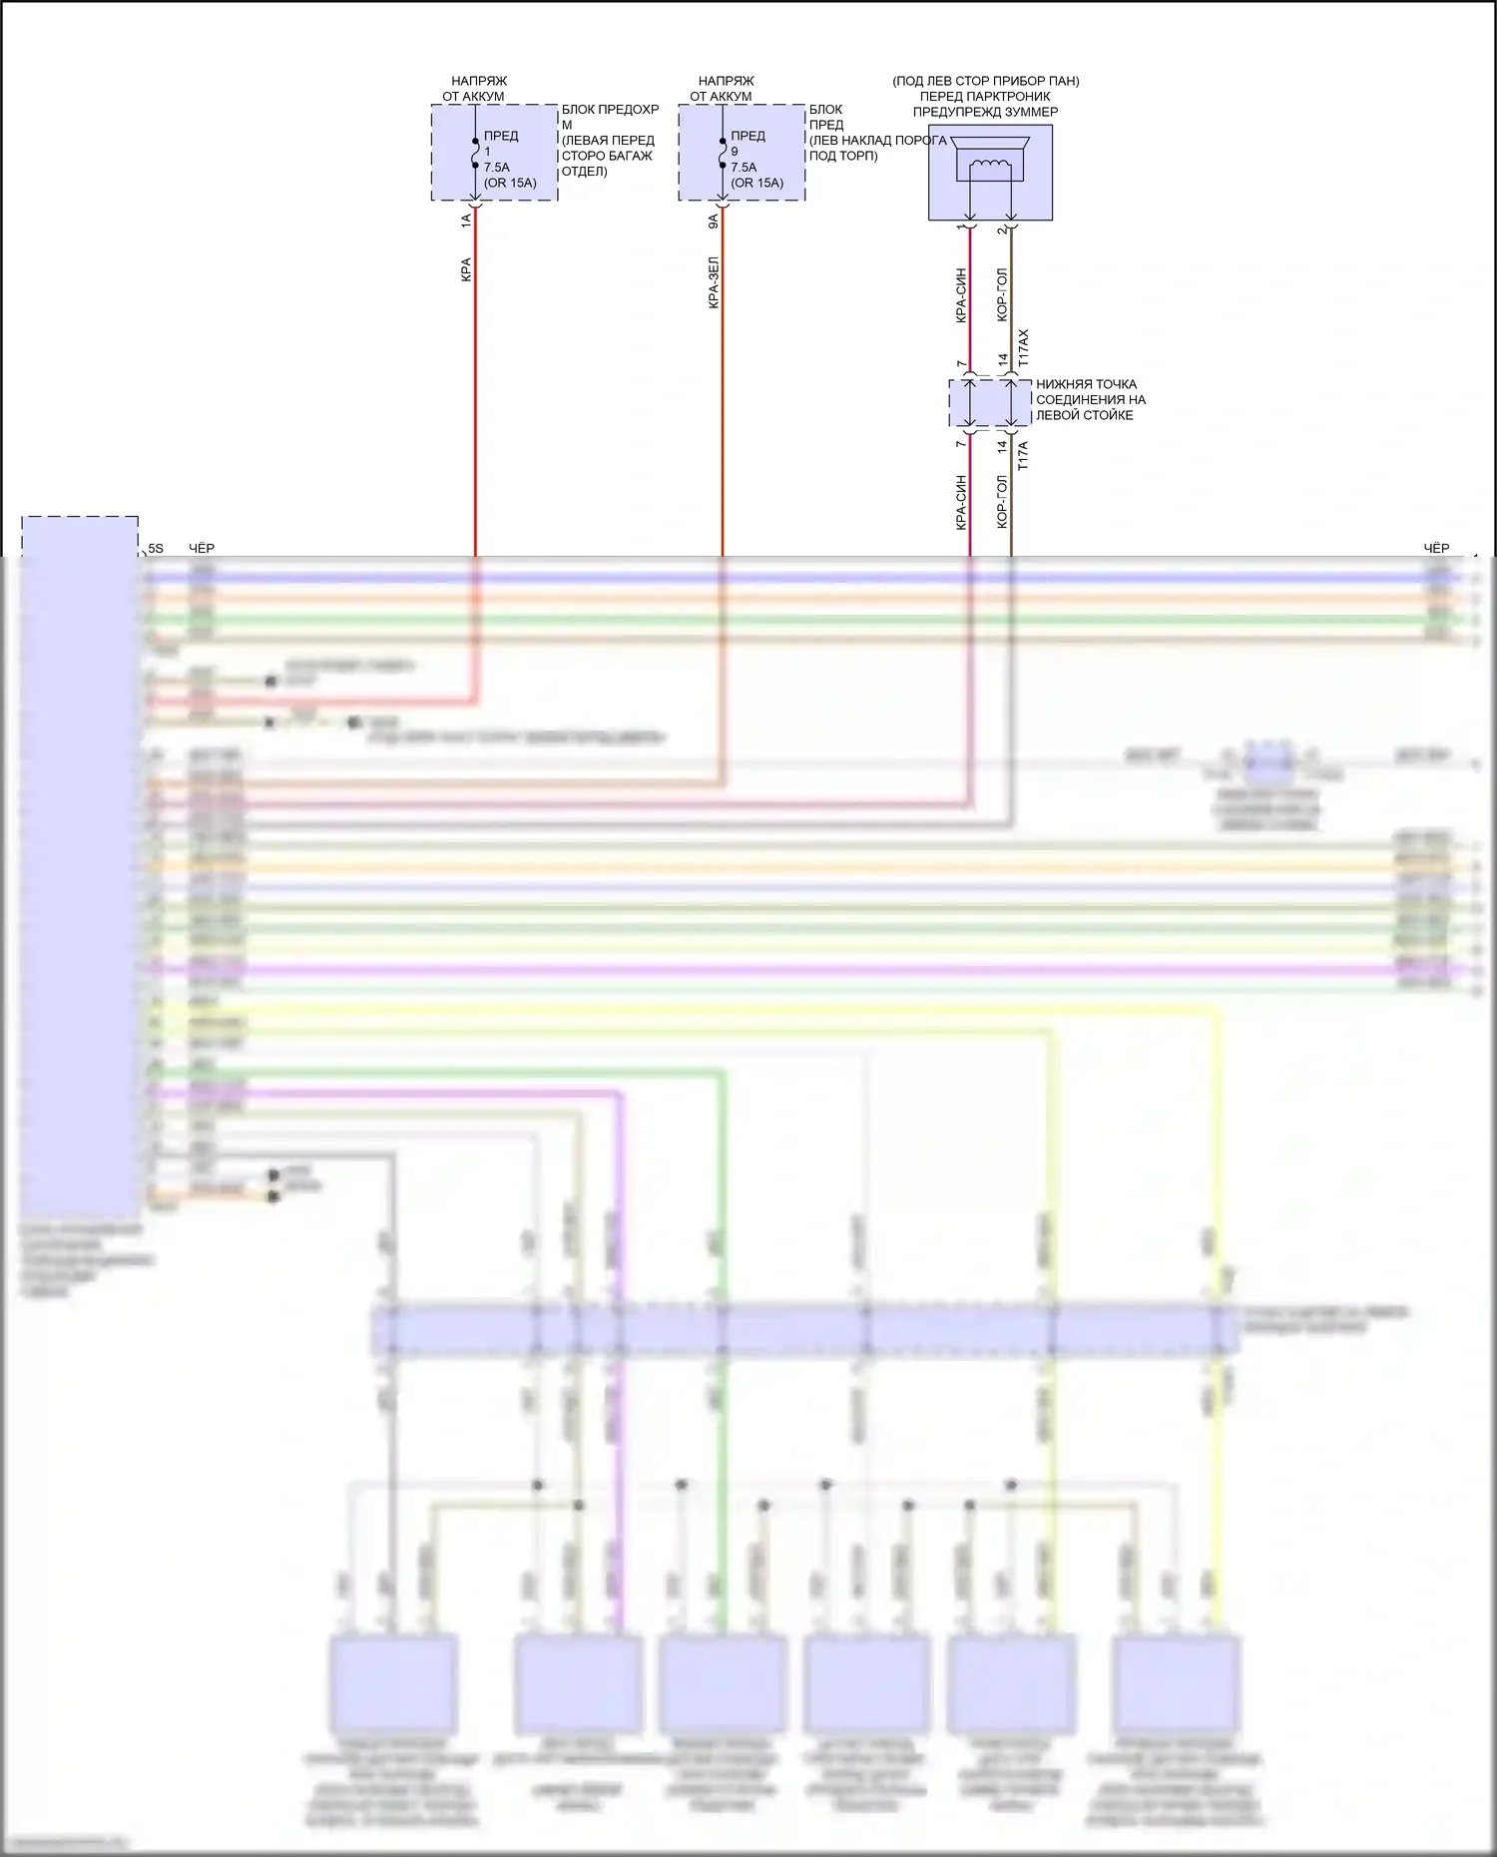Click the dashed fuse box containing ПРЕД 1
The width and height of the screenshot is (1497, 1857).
pos(494,153)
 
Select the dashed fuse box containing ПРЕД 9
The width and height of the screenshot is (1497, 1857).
pos(742,153)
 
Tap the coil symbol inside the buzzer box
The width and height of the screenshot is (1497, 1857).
pos(990,166)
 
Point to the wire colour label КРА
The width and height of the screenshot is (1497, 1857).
pos(466,269)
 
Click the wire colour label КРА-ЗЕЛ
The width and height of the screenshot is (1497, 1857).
pos(714,282)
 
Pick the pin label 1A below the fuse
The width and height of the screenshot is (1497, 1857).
pos(466,221)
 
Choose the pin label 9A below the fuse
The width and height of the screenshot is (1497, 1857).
pos(714,221)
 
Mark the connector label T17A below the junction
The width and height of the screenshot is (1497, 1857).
pos(1023,456)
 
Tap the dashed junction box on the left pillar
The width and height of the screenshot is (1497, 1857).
pos(990,403)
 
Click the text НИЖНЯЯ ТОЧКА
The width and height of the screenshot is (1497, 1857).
pos(1086,384)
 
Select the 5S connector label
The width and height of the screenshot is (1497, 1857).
pos(156,549)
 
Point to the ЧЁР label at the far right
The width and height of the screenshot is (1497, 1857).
pos(1436,549)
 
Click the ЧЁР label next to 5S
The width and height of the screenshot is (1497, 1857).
pos(202,549)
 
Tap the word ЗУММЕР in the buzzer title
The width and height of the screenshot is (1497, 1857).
pos(1034,112)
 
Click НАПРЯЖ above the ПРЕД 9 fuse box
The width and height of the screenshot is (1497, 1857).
pos(726,81)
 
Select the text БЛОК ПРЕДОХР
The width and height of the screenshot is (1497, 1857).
pos(610,110)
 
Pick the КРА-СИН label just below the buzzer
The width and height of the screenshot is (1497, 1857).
pos(961,295)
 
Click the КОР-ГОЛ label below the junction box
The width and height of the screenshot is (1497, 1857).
pos(1003,501)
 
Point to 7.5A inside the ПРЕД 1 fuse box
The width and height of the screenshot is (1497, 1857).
pos(496,168)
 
